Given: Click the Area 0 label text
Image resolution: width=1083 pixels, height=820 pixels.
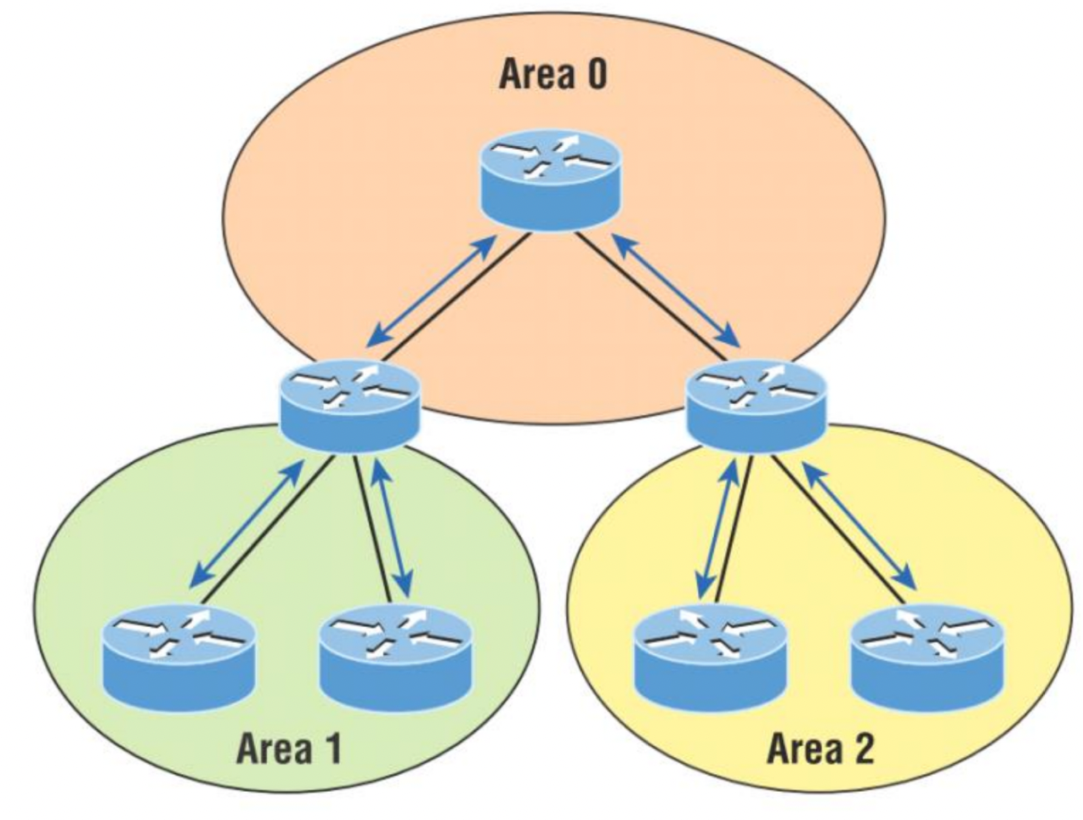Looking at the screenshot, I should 553,74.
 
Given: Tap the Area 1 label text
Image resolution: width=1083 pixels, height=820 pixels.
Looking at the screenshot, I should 288,749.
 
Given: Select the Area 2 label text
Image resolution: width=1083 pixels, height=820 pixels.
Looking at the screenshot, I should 820,749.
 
